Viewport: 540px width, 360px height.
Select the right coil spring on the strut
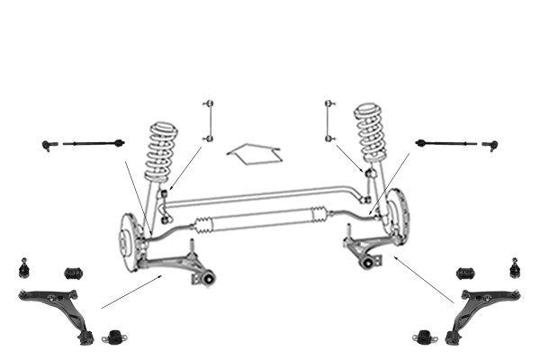tap(371, 135)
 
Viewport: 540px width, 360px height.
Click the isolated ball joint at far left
tap(24, 267)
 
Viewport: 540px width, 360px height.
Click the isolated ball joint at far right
tap(515, 267)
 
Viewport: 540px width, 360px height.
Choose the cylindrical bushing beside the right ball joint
tap(465, 271)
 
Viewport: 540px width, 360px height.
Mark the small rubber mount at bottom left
tap(114, 338)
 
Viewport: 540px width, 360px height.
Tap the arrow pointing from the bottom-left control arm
tap(131, 292)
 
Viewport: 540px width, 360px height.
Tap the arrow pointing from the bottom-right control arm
tap(423, 280)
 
